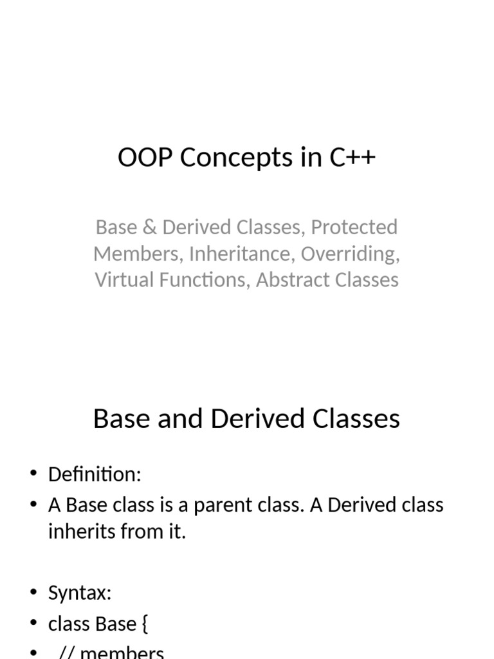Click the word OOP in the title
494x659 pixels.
pyautogui.click(x=145, y=157)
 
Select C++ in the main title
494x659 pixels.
pyautogui.click(x=352, y=157)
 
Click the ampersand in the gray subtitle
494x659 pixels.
pyautogui.click(x=149, y=227)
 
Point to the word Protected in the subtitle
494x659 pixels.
pyautogui.click(x=354, y=227)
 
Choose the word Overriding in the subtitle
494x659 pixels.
pyautogui.click(x=351, y=254)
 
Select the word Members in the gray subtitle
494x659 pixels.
pyautogui.click(x=138, y=254)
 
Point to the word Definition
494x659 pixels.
pyautogui.click(x=95, y=474)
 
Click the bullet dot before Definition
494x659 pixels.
pyautogui.click(x=33, y=473)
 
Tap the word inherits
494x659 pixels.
pyautogui.click(x=82, y=531)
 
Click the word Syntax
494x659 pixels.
pyautogui.click(x=80, y=593)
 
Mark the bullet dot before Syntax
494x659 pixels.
pyautogui.click(x=33, y=592)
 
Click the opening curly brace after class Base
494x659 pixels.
pyautogui.click(x=145, y=624)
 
